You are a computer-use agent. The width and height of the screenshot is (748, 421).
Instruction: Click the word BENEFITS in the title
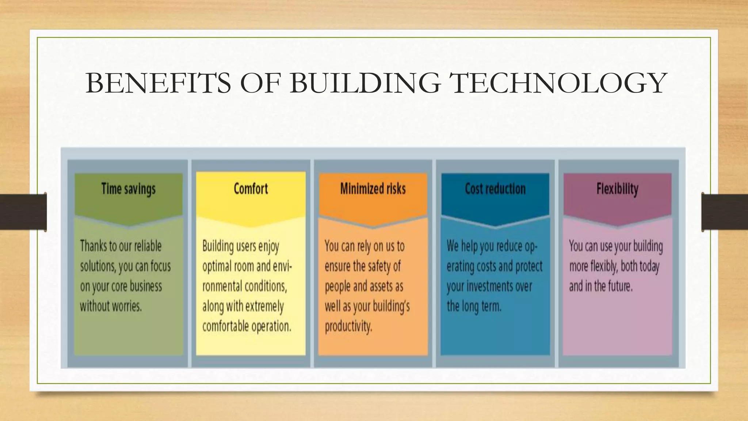click(158, 83)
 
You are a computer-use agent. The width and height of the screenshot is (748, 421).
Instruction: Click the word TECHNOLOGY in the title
click(558, 83)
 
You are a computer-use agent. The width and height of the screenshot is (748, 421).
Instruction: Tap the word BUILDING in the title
click(365, 83)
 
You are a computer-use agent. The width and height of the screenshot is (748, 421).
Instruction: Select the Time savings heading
click(128, 189)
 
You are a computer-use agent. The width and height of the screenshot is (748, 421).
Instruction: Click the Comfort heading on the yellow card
click(251, 189)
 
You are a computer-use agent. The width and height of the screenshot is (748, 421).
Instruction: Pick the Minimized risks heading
click(373, 189)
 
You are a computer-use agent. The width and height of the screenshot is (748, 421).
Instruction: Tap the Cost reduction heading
click(495, 189)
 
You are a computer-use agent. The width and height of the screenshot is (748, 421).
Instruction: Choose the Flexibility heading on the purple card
click(617, 189)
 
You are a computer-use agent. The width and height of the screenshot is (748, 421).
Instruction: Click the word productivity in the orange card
click(348, 326)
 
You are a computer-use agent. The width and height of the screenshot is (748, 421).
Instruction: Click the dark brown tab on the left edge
click(23, 212)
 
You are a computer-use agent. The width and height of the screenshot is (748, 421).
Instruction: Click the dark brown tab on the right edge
click(725, 212)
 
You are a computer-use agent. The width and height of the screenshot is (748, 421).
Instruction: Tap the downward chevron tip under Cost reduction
click(495, 226)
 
